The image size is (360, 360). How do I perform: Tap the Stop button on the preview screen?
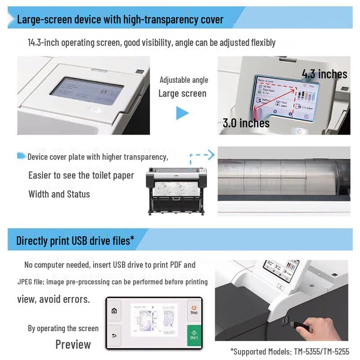194,309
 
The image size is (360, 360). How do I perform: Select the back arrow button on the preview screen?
114,335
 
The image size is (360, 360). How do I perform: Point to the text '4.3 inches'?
324,74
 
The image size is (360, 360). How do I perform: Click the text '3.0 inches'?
246,123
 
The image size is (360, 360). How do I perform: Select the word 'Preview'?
73,345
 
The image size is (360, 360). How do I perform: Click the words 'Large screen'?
182,94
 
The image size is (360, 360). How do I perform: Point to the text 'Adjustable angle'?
184,80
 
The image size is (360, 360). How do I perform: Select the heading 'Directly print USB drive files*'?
75,240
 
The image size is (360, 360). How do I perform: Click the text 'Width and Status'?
59,194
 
